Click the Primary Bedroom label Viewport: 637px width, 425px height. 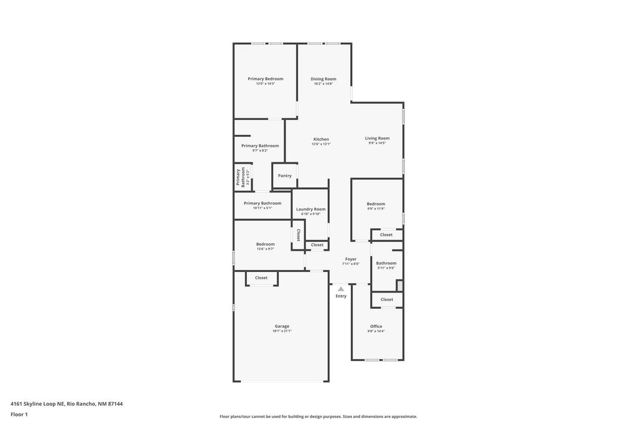pos(265,79)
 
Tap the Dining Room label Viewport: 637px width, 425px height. pos(323,79)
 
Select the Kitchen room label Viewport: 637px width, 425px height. pos(321,139)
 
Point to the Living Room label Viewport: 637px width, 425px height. pos(377,138)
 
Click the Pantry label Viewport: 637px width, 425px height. pos(285,175)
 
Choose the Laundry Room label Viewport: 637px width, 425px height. pos(310,209)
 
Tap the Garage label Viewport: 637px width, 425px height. pos(282,326)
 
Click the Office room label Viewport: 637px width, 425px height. pos(376,326)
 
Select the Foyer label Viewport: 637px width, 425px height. pos(351,259)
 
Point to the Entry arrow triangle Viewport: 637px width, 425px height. pos(341,289)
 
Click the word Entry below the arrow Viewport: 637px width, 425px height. pos(341,296)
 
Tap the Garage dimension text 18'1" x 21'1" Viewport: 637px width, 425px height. pos(282,331)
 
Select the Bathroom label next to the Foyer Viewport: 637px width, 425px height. pos(386,263)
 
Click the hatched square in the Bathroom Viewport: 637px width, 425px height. pos(399,286)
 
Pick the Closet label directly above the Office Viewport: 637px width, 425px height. pos(387,299)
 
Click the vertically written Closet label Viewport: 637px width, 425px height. pos(299,235)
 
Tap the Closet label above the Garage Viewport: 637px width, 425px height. pos(261,278)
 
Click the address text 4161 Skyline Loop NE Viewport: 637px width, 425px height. pos(37,404)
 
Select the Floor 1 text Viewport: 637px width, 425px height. pos(19,414)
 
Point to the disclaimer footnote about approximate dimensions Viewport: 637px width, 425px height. pos(318,417)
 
